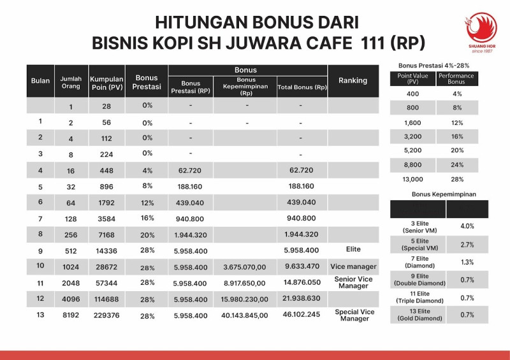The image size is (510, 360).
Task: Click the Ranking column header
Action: (x=353, y=81)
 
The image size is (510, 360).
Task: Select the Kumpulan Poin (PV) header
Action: (x=106, y=81)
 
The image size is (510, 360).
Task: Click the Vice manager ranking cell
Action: (x=354, y=266)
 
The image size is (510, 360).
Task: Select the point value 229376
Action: (x=106, y=315)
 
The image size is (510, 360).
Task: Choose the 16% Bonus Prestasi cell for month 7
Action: (x=148, y=218)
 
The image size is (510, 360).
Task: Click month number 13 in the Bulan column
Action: (x=40, y=315)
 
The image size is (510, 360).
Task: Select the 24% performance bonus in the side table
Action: (x=456, y=165)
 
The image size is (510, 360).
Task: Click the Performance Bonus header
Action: (x=456, y=79)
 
